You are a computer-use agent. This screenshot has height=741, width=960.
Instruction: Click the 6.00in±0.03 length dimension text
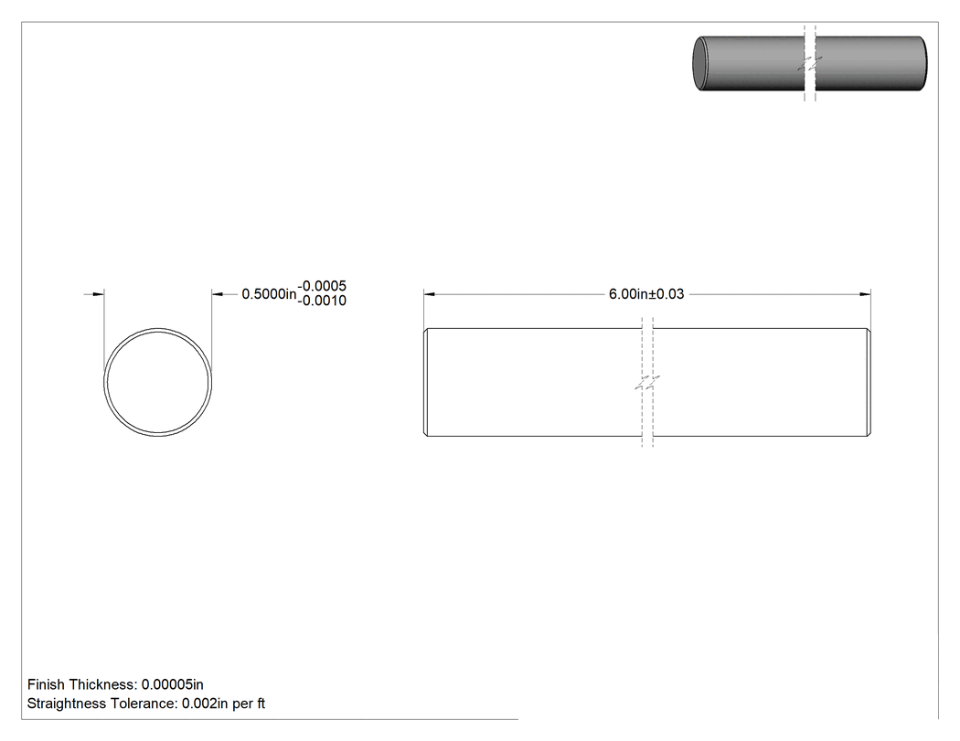(645, 294)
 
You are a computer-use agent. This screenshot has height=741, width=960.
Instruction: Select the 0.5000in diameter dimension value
(269, 294)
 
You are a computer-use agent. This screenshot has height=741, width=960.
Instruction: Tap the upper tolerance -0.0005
(322, 286)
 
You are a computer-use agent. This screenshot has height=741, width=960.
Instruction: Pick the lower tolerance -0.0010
(322, 301)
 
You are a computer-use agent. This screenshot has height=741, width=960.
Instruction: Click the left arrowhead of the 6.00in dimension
(429, 294)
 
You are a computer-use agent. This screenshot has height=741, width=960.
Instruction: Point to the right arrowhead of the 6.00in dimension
(865, 294)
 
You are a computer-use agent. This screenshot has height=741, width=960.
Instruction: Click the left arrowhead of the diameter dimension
(98, 294)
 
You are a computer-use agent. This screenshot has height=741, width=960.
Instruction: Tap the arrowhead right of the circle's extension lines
(218, 294)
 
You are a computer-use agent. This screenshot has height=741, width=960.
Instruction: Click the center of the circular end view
(158, 383)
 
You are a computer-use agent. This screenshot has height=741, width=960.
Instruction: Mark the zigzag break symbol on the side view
(647, 384)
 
